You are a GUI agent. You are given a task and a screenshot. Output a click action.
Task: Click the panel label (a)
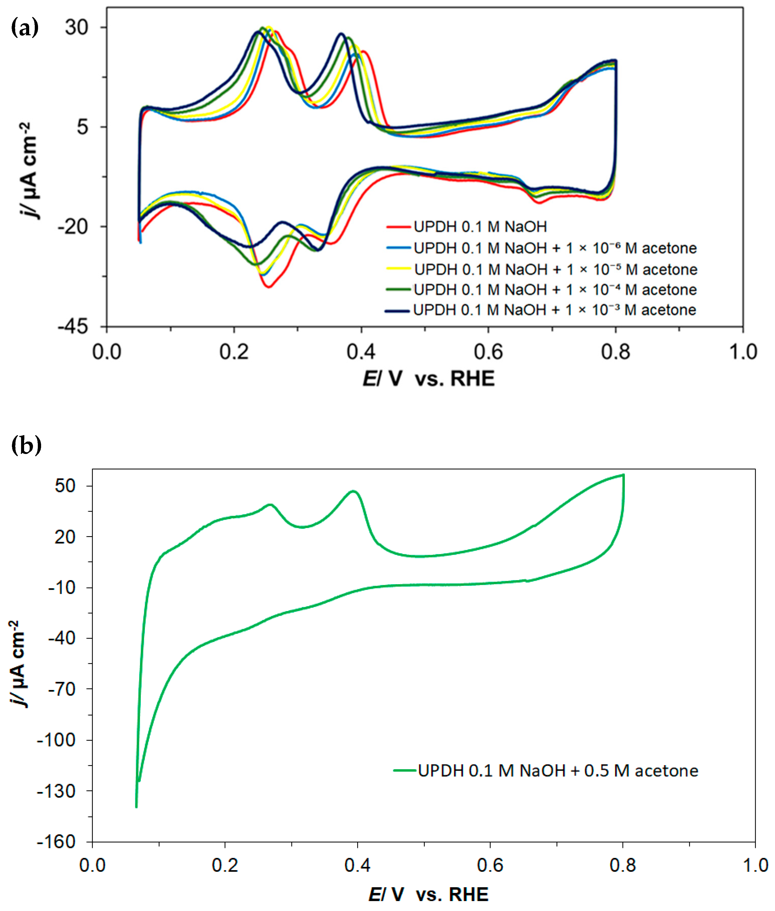[25, 28]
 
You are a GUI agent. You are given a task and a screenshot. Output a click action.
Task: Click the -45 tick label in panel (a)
[73, 327]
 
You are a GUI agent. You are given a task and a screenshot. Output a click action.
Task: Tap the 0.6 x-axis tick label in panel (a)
[488, 352]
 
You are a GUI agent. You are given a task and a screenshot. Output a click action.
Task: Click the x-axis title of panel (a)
[428, 379]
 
